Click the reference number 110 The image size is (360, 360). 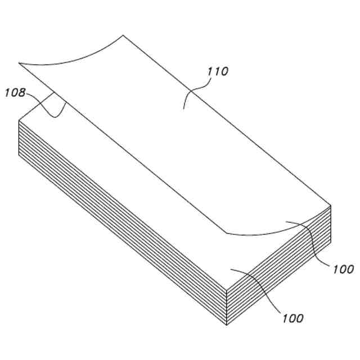[217, 72]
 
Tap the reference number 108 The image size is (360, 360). [15, 93]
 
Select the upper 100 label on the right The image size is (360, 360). [343, 269]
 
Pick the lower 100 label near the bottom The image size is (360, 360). [292, 318]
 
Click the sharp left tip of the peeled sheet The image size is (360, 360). [20, 62]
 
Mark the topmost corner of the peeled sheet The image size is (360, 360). [123, 35]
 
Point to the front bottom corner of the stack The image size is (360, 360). [226, 325]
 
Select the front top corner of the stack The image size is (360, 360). [226, 288]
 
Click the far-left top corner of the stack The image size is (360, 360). [20, 120]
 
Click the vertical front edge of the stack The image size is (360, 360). [226, 307]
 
